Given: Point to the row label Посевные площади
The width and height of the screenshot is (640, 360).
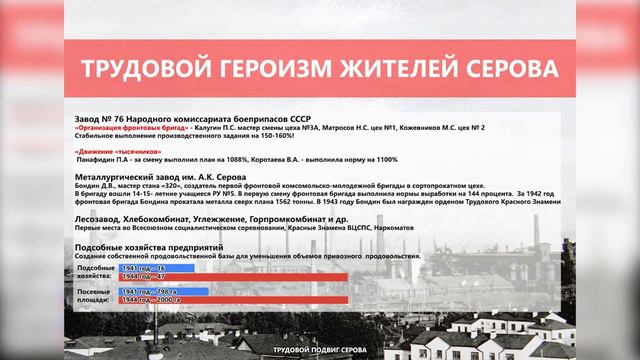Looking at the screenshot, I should point(96,295).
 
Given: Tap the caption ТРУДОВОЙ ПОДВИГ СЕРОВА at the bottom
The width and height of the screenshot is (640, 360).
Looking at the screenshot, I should point(320,350).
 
